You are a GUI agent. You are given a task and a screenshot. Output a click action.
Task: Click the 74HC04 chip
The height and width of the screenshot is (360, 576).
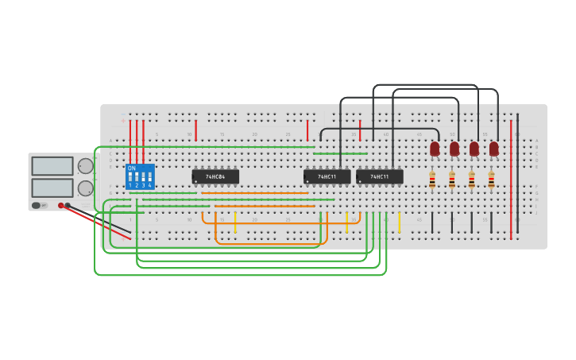(215, 176)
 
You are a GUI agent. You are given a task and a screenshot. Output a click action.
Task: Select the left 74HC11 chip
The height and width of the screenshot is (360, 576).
(327, 176)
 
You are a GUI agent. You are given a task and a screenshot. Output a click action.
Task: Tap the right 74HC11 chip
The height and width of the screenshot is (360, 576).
(379, 176)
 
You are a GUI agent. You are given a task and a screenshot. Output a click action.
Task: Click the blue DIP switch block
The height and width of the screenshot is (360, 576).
(140, 176)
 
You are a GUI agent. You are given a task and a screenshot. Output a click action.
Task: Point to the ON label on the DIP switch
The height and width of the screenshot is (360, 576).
(132, 168)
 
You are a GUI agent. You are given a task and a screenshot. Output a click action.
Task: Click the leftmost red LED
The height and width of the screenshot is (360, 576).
(435, 149)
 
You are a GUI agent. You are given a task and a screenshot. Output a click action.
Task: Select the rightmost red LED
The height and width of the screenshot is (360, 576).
(493, 149)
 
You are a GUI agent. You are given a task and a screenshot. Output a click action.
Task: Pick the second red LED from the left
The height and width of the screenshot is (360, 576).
(454, 149)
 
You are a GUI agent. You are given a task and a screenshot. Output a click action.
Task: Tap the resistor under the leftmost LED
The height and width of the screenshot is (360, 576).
(432, 180)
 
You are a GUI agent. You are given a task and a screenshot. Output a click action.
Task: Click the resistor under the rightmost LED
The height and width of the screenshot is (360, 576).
(491, 180)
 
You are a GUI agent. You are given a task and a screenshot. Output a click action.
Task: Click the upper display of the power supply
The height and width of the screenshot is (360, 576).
(52, 166)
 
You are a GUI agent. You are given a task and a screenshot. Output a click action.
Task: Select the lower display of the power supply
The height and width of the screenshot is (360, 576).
(52, 188)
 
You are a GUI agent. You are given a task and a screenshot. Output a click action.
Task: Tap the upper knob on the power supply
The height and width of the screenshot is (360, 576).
(85, 166)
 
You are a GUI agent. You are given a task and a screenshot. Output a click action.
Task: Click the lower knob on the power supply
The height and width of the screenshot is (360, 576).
(85, 188)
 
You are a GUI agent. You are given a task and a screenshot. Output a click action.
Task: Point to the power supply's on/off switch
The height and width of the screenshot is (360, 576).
(37, 205)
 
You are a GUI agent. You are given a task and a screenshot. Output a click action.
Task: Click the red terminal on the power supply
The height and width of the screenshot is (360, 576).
(60, 205)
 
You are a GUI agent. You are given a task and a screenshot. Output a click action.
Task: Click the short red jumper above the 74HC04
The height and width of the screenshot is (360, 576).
(195, 130)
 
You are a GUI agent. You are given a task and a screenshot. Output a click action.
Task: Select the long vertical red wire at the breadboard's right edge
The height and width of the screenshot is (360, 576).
(511, 175)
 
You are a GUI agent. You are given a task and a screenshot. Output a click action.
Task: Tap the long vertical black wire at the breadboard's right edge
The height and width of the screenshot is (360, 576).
(518, 175)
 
